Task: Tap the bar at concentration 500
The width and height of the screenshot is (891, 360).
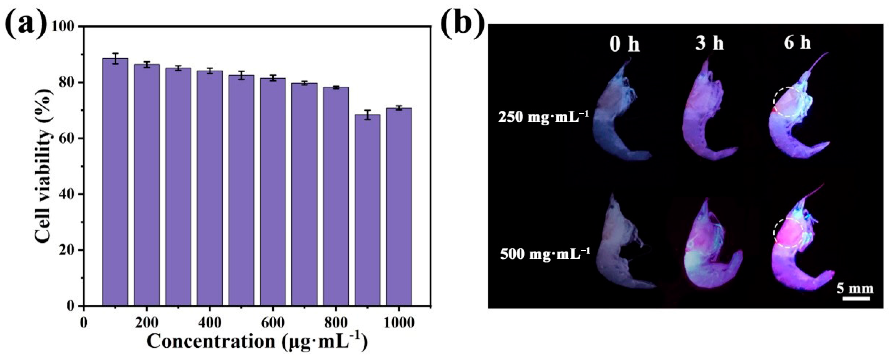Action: tap(241, 190)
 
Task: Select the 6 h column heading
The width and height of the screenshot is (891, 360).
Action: tap(798, 43)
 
